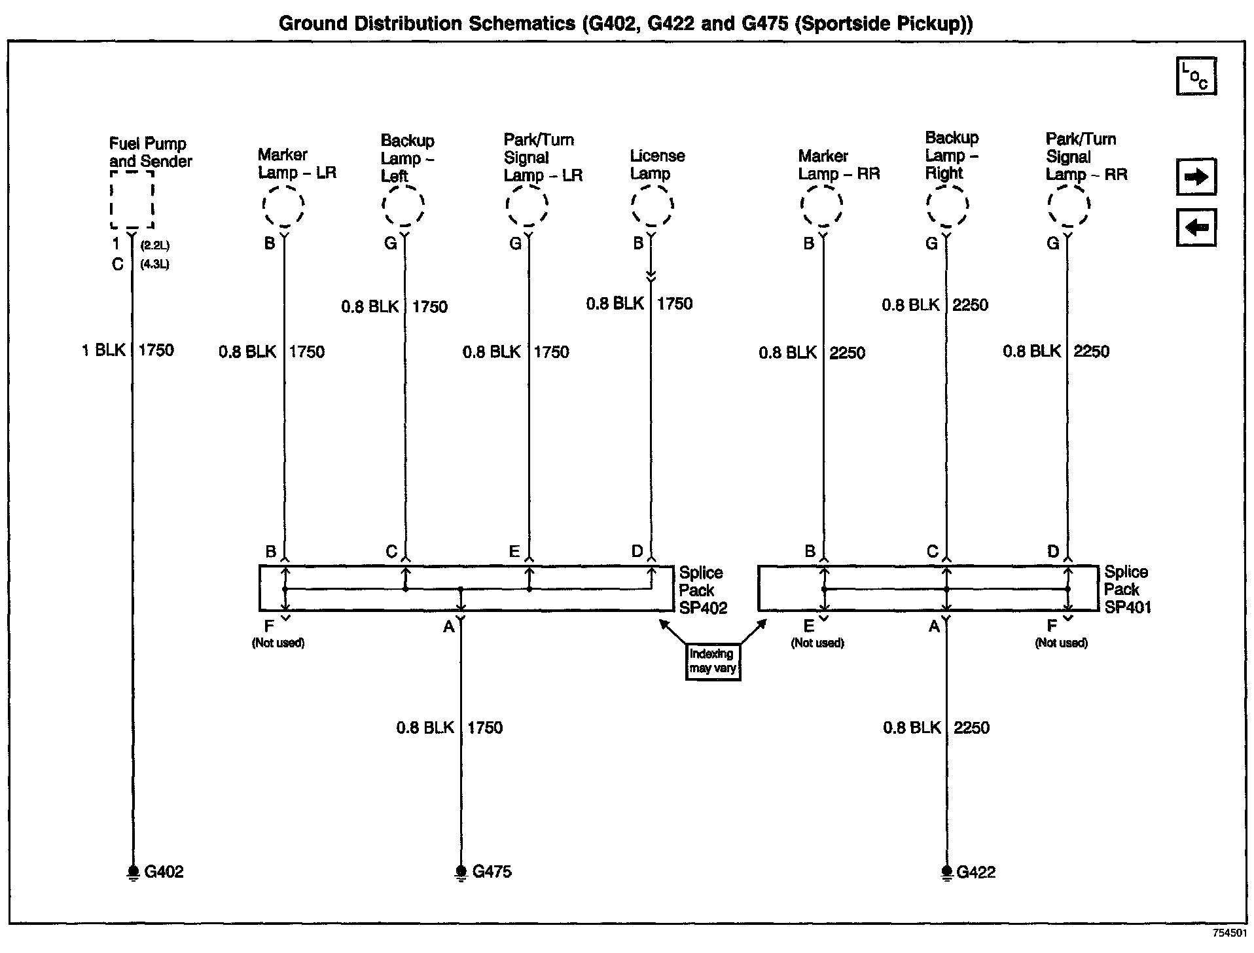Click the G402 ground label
(164, 872)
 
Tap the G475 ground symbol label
(492, 872)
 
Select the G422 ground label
(975, 872)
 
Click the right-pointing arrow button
(1196, 177)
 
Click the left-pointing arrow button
(1196, 228)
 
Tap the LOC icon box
(1196, 77)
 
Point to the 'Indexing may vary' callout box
(713, 662)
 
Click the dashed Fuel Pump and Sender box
(132, 199)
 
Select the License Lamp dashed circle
(653, 206)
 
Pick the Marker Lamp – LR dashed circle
(283, 206)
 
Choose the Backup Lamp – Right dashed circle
(946, 206)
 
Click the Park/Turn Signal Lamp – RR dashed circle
(1068, 206)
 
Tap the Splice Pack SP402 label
(702, 590)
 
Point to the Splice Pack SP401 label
(1127, 590)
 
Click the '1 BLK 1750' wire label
(128, 350)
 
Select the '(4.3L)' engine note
(154, 265)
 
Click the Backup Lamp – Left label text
(406, 158)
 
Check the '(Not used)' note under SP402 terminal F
(278, 643)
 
